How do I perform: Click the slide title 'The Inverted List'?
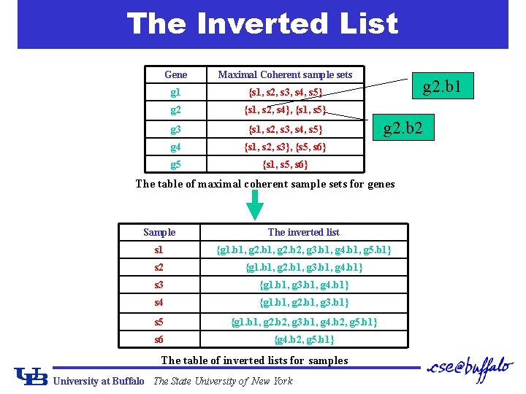(x=262, y=23)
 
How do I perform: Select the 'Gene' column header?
(x=175, y=74)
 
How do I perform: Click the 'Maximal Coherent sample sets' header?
(x=285, y=74)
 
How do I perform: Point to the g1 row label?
(x=175, y=93)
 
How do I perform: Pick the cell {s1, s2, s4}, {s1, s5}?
(x=285, y=111)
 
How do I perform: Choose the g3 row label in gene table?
(x=175, y=130)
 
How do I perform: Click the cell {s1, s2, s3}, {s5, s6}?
(x=285, y=147)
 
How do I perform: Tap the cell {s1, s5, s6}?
(x=285, y=165)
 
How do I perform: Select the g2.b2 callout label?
(x=408, y=130)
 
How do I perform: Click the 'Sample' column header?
(x=159, y=232)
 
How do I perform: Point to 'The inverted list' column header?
(x=303, y=232)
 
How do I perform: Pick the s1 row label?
(x=159, y=250)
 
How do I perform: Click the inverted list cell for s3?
(x=303, y=285)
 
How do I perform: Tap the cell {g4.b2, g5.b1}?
(x=303, y=339)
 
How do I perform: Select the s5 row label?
(x=159, y=321)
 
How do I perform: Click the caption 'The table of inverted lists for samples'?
(x=254, y=360)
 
